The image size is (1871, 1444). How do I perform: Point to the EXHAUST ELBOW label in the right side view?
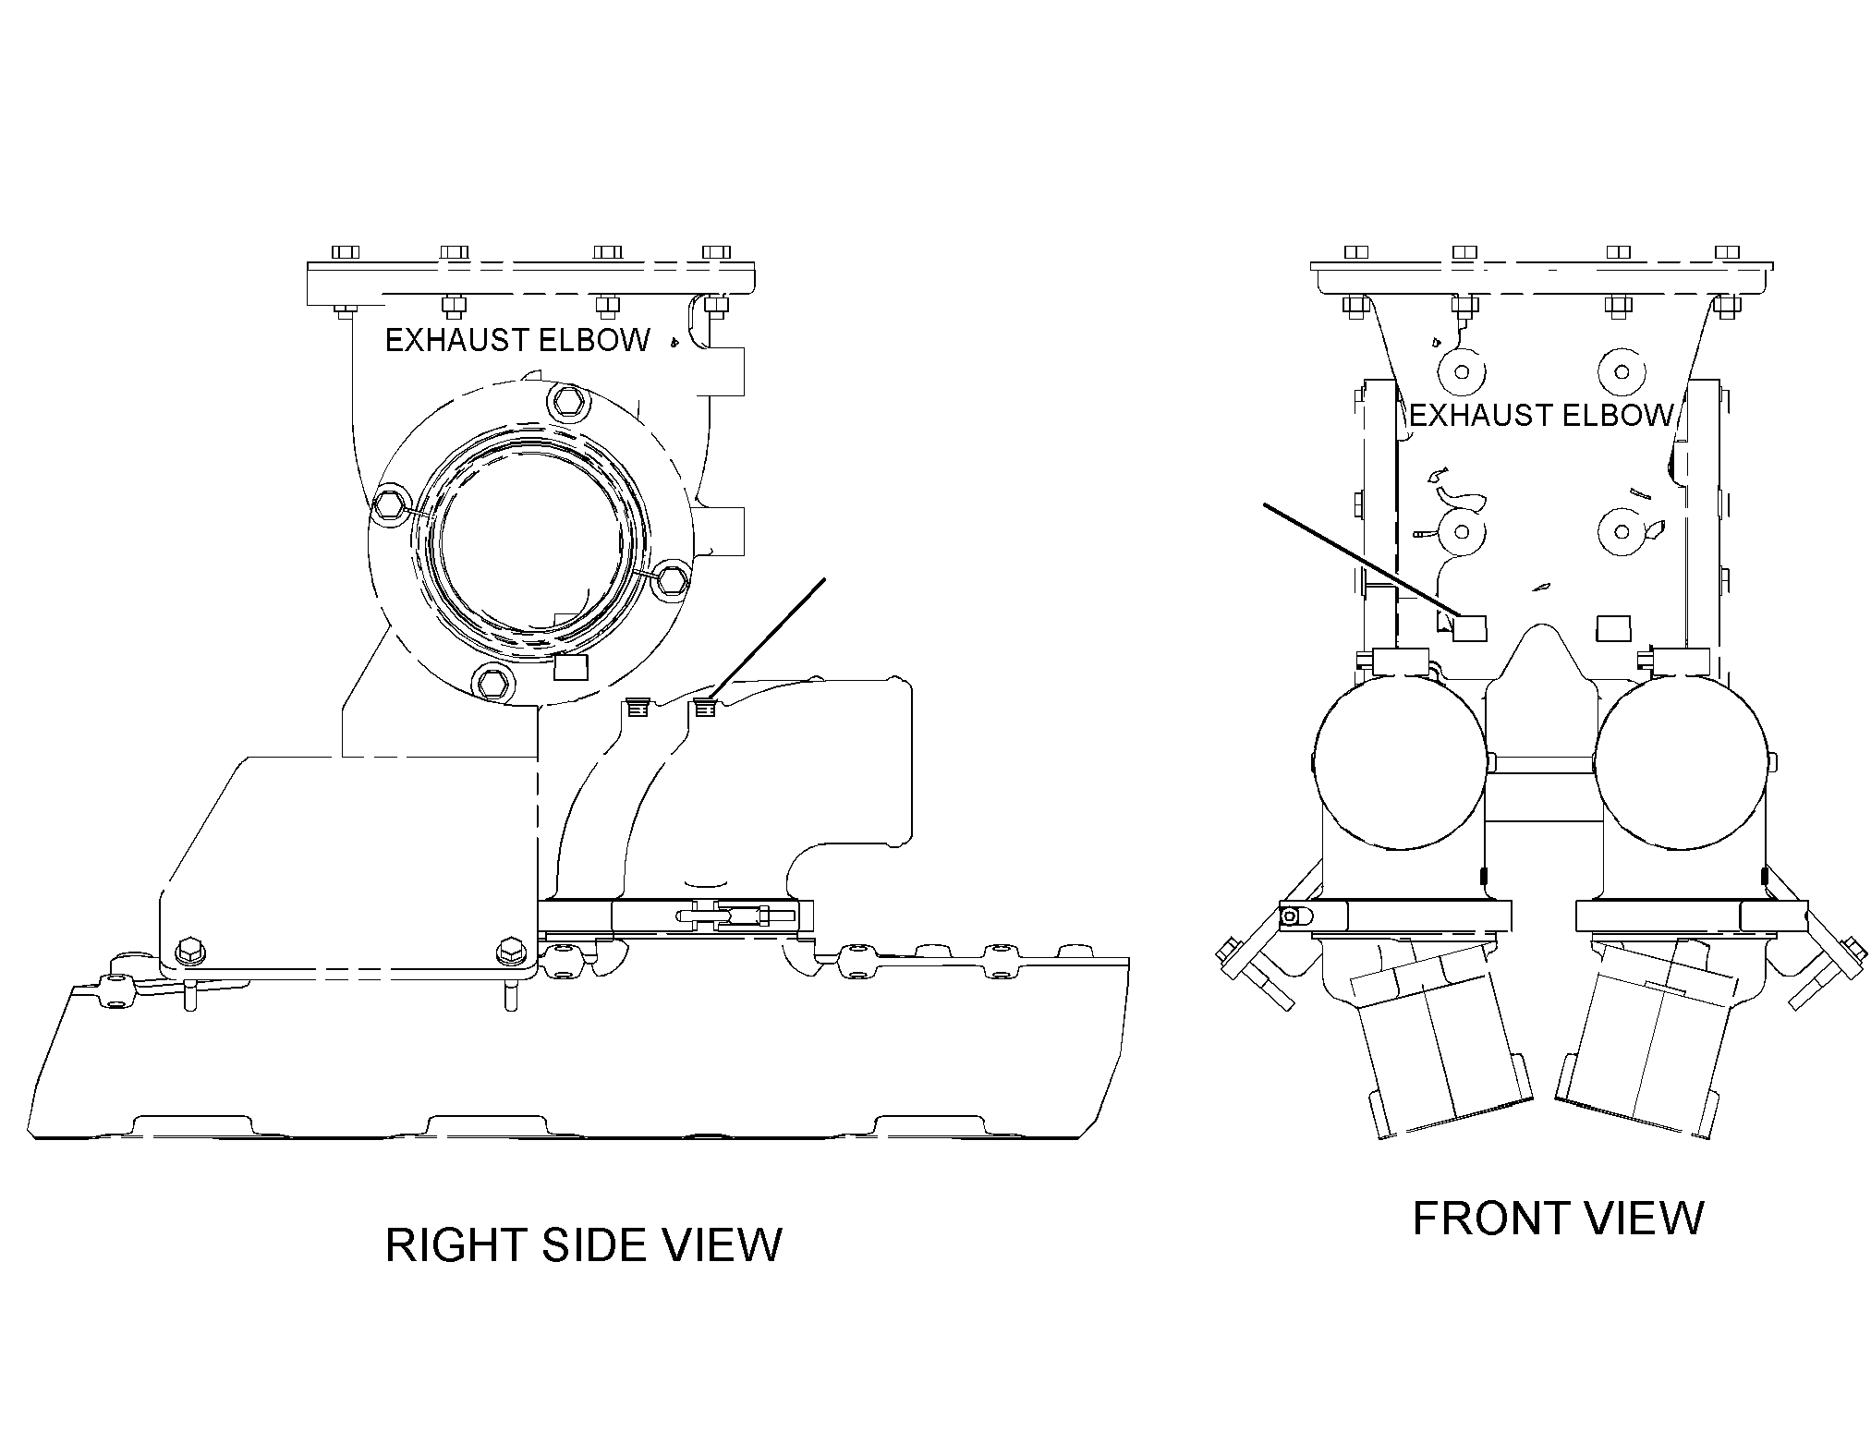point(517,341)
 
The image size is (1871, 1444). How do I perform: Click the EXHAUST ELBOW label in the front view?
point(1542,416)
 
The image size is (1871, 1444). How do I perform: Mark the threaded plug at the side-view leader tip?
point(706,710)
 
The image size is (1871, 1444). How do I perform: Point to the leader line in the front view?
point(1361,560)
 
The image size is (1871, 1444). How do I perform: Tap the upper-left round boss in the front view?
point(1461,372)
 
